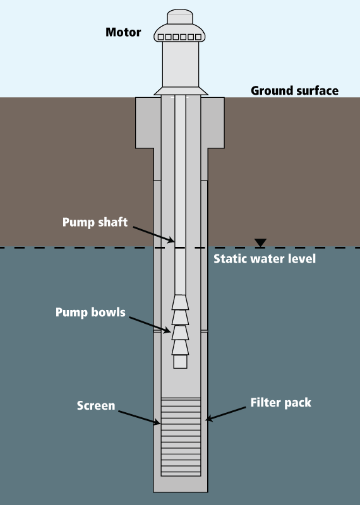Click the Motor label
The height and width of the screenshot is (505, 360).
pos(123,32)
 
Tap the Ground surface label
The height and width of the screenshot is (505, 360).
pos(294,90)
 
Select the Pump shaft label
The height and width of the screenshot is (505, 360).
pos(95,222)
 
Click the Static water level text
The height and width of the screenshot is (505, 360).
pos(265,259)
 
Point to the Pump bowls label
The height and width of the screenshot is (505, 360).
pos(90,312)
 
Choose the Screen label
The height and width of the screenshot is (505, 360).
pos(96,405)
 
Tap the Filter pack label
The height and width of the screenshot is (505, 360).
pos(280,403)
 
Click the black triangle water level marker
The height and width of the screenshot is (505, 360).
pos(260,242)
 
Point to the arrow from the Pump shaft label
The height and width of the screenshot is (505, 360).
pos(153,234)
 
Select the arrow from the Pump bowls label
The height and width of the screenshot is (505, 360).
pos(150,324)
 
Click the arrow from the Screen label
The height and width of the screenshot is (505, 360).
pos(139,417)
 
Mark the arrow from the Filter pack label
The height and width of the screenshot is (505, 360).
pos(225,413)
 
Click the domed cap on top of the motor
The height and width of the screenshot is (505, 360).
pos(180,16)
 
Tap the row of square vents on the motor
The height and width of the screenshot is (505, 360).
pos(179,37)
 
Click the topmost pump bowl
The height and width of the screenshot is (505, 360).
pos(180,302)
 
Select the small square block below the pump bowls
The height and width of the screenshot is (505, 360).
pos(180,361)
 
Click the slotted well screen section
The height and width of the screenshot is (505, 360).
pos(181,437)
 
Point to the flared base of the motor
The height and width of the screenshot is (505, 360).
pos(181,91)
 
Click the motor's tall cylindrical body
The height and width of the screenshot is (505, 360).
pos(181,64)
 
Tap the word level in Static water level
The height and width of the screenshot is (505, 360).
pos(303,259)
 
